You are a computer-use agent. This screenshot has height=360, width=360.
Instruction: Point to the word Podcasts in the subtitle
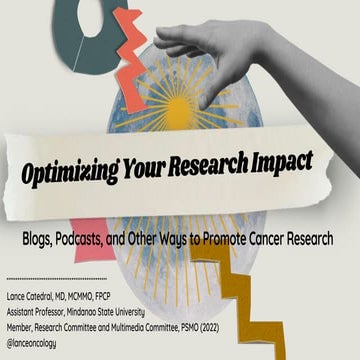(104, 239)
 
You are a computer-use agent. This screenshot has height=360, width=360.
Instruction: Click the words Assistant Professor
(41, 307)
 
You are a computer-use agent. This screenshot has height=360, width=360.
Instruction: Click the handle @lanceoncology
(38, 335)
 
